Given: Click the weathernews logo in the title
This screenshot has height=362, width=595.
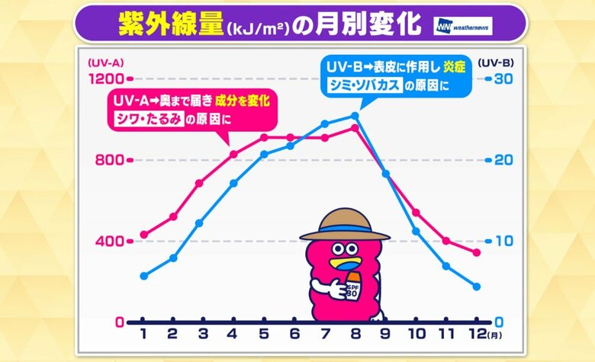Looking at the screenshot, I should click(463, 26).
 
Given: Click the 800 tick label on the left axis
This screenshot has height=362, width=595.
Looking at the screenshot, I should click(109, 160).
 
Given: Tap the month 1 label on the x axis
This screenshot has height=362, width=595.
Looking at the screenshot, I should click(143, 334).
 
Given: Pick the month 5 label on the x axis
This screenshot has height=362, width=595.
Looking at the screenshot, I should click(264, 334).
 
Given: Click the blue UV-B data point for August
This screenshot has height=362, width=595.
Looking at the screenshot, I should click(355, 116).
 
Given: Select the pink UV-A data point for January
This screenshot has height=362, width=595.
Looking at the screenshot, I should click(143, 235).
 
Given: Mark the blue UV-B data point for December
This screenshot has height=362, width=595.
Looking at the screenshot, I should click(476, 287).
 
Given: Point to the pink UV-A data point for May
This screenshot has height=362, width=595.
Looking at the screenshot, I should click(264, 137).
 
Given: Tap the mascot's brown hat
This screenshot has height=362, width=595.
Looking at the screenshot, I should click(344, 226).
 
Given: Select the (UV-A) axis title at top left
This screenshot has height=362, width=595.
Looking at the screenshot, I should click(106, 62).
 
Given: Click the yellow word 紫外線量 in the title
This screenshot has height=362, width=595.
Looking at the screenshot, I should click(168, 25).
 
